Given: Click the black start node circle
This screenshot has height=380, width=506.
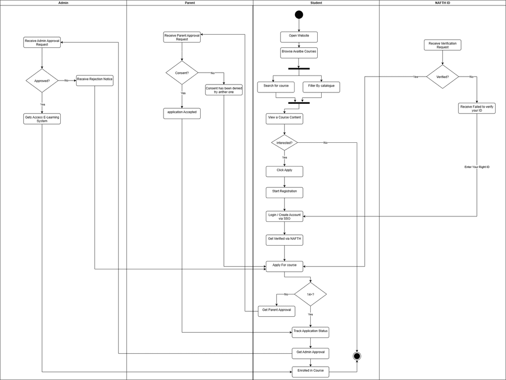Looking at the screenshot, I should tap(299, 14).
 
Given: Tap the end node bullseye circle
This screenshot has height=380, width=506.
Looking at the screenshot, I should tap(357, 356).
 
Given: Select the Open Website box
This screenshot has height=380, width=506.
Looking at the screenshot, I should tap(299, 37).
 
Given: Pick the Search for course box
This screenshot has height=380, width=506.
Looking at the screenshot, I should tap(276, 87).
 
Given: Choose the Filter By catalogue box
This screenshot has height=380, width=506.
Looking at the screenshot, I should tap(321, 87).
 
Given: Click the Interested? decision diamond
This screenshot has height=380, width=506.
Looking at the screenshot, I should tap(285, 143).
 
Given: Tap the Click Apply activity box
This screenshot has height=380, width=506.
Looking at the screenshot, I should tap(284, 171).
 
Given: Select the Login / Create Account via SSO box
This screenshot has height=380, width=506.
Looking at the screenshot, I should tap(284, 216).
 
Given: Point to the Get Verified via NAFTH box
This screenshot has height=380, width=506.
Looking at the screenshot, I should tap(284, 240).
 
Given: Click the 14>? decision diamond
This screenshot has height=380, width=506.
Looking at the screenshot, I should tap(310, 295).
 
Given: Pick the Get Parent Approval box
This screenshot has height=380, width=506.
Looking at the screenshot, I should tap(277, 311).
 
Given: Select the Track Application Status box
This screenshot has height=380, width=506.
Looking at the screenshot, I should tap(310, 332).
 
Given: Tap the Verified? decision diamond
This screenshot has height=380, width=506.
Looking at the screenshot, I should tap(442, 77).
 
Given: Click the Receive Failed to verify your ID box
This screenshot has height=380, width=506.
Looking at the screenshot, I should tap(476, 108).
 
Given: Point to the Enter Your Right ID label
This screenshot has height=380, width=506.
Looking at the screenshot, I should tap(477, 167).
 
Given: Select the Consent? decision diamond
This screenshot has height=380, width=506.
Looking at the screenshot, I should tap(182, 73).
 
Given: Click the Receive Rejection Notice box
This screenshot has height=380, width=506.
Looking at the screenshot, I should tap(94, 80).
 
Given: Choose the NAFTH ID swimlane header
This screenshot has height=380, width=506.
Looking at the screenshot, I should tap(442, 3).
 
